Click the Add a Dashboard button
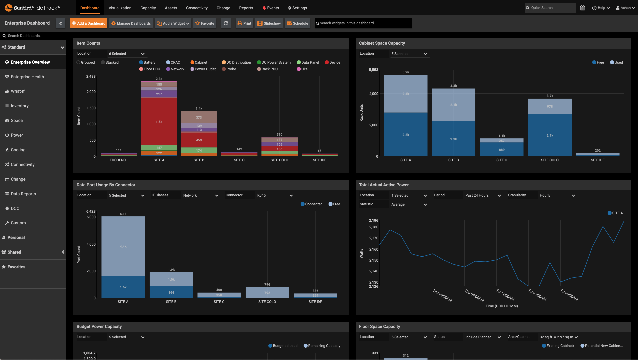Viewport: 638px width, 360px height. (x=89, y=23)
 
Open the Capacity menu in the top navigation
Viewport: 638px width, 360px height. (x=148, y=8)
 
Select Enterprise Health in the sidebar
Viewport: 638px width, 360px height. (x=27, y=77)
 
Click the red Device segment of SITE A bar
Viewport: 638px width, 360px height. (x=159, y=121)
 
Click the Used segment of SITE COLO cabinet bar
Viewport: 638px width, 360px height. (x=550, y=135)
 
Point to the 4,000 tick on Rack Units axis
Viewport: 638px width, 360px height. (x=373, y=94)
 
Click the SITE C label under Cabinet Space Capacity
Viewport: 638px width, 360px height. (x=501, y=160)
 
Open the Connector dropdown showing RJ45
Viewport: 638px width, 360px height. (x=274, y=195)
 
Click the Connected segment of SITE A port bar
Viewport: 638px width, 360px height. (x=123, y=287)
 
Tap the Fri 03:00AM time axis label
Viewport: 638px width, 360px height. (x=537, y=295)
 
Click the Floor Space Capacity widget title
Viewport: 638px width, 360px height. (x=379, y=327)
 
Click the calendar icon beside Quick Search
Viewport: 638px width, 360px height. (x=582, y=8)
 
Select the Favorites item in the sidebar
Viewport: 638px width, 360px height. (x=16, y=267)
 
